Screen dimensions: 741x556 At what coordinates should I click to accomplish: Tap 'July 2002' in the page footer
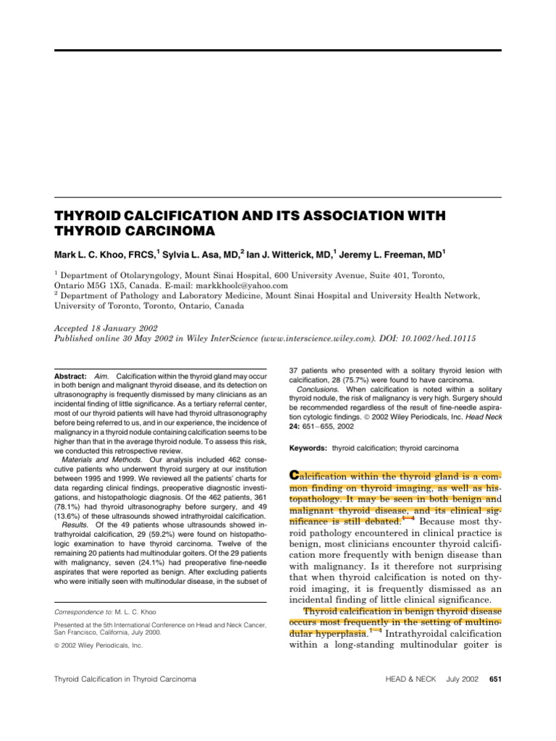[x=457, y=679]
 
